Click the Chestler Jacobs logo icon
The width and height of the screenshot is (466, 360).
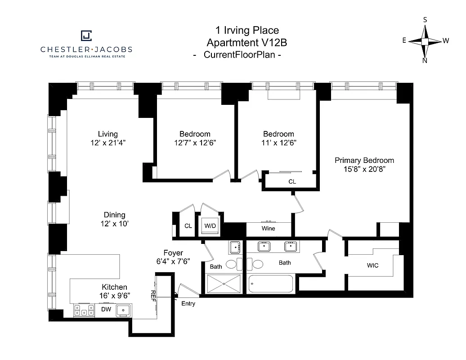(x=86, y=36)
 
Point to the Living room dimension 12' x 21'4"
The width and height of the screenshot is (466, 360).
(x=108, y=143)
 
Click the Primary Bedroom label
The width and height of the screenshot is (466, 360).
(x=364, y=160)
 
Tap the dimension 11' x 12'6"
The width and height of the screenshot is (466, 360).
(x=278, y=143)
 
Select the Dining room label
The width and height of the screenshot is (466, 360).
(x=114, y=215)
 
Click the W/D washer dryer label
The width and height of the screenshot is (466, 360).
(x=210, y=225)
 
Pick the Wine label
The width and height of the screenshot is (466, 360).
(x=268, y=228)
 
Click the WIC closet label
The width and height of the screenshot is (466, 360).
(x=372, y=265)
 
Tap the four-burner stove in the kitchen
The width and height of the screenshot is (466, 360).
(x=84, y=310)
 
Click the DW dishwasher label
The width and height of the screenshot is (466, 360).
(x=106, y=310)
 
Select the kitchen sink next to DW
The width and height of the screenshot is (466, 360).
(x=123, y=310)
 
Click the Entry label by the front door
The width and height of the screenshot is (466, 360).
(x=188, y=304)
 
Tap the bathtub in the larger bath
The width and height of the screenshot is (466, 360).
(x=271, y=283)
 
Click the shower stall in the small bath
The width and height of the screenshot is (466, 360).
(x=224, y=283)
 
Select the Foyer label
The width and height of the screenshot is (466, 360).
(x=173, y=253)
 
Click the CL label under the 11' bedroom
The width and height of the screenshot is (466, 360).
(x=292, y=181)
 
